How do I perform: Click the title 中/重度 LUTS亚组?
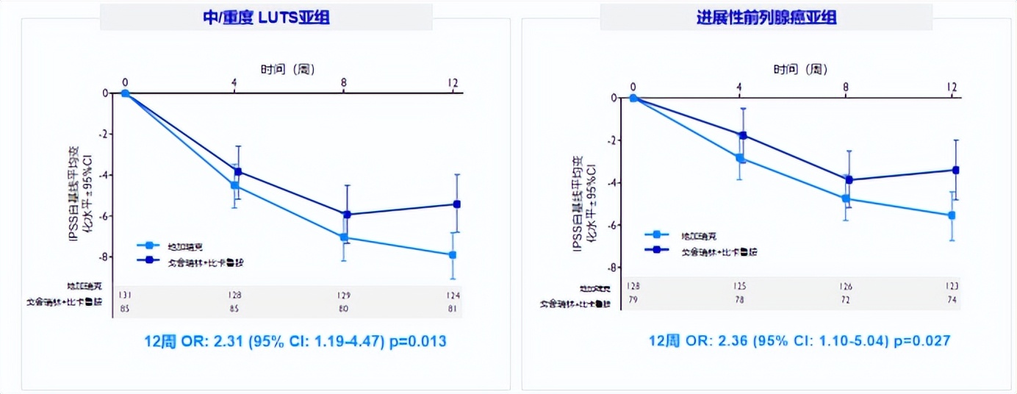[266, 17]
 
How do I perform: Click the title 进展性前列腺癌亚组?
[766, 17]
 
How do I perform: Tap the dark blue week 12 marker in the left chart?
[456, 204]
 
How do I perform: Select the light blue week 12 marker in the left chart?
[453, 254]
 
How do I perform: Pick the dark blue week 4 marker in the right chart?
[743, 135]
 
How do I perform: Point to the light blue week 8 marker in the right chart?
[846, 198]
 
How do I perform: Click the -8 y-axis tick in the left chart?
[106, 257]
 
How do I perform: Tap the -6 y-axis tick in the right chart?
[614, 225]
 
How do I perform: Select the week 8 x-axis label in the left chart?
[344, 83]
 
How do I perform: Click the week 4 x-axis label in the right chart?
[739, 87]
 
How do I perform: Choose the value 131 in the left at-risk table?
[125, 294]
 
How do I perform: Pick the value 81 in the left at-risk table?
[453, 307]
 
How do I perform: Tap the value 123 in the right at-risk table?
[952, 285]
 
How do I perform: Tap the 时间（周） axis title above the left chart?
[288, 69]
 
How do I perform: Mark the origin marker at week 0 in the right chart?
[633, 97]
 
